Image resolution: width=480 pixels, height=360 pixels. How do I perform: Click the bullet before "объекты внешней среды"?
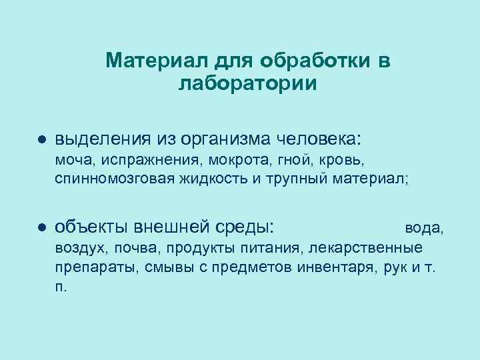coord(41,227)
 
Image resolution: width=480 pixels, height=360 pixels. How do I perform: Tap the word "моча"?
coord(71,161)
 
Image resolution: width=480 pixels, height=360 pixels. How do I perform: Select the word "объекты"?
coord(93,227)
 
